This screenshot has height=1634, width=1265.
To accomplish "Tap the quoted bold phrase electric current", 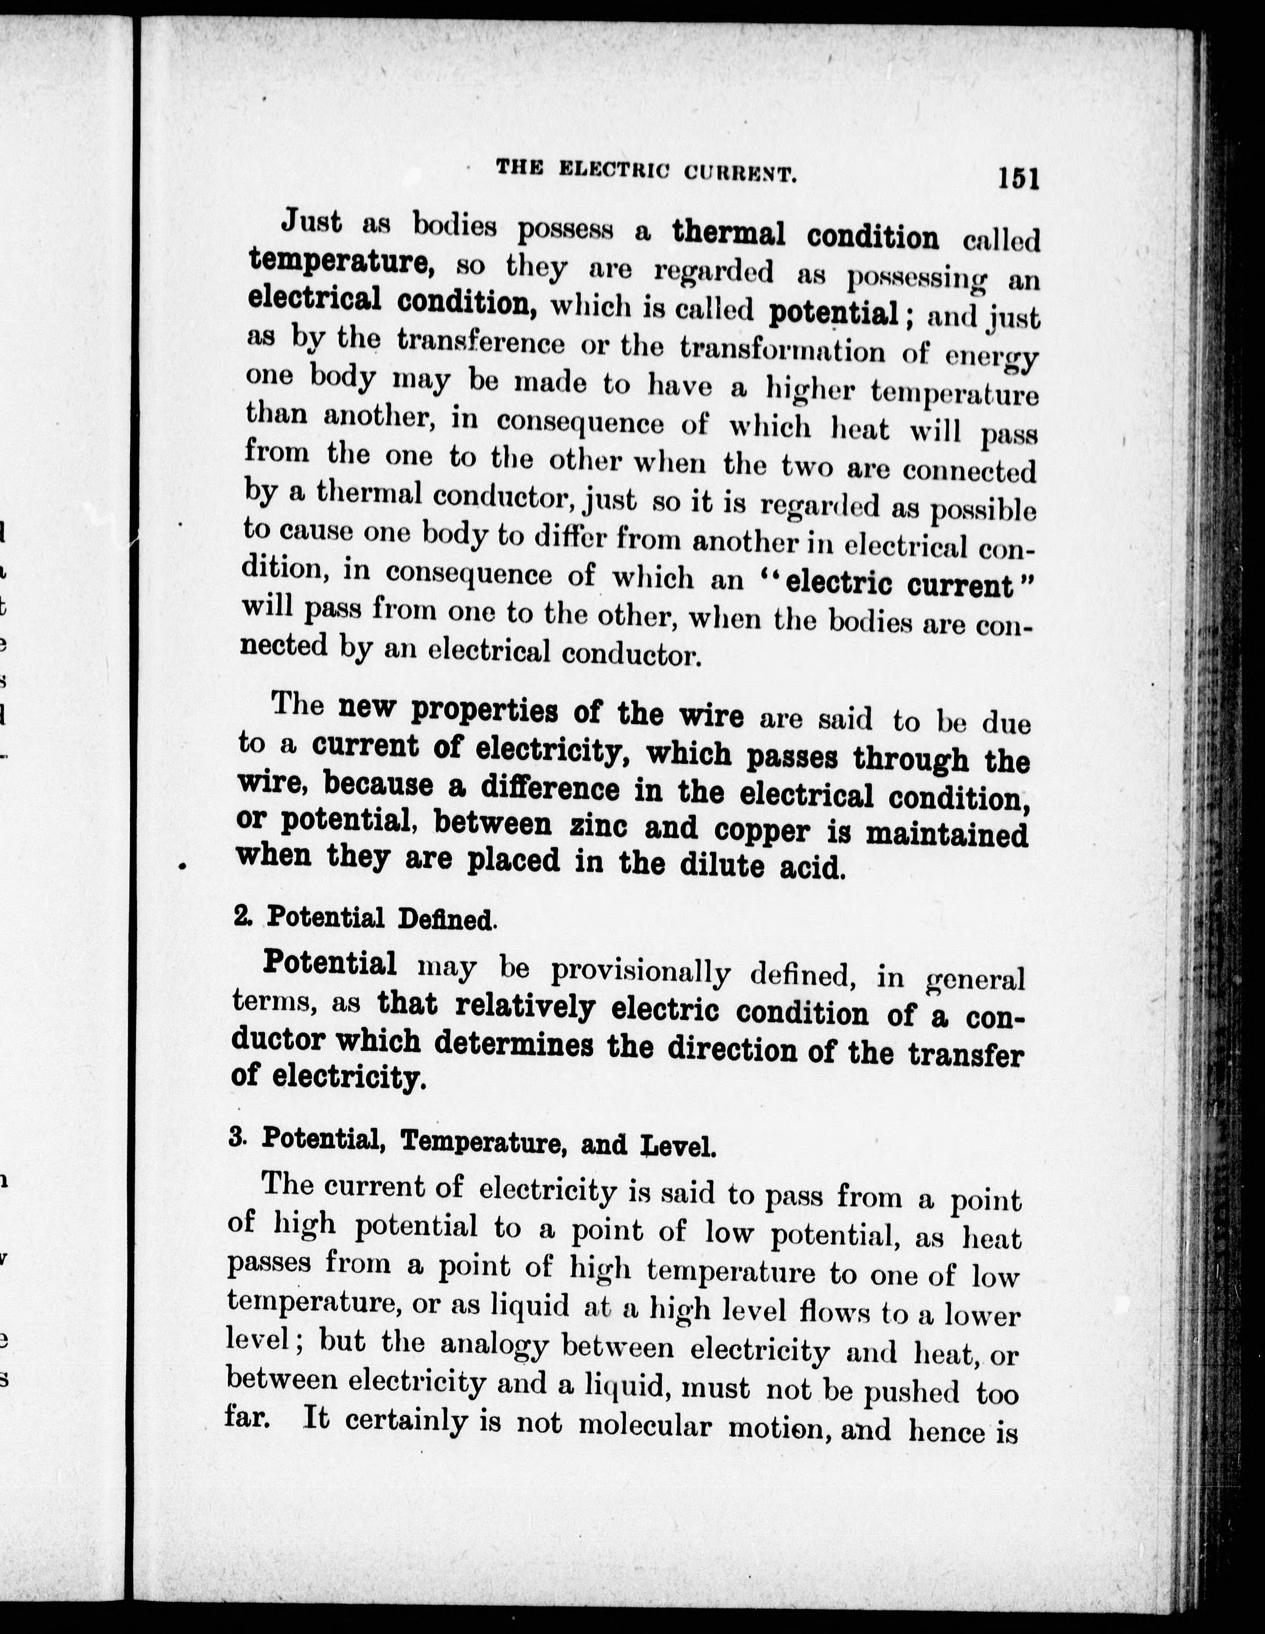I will click(x=898, y=583).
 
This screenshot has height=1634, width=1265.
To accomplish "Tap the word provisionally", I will click(x=640, y=971).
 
